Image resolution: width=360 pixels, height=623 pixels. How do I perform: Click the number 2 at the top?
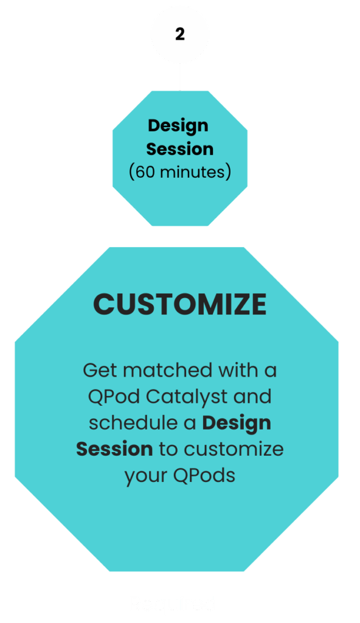[x=180, y=34]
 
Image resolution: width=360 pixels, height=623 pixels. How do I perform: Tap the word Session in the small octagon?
[x=180, y=149]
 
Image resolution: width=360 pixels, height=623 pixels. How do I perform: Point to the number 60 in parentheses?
[x=145, y=172]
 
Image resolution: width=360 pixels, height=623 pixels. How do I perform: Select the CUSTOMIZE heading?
[x=179, y=304]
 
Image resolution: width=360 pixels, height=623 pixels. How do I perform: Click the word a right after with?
[x=270, y=371]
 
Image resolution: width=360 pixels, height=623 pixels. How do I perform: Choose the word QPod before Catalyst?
[x=114, y=397]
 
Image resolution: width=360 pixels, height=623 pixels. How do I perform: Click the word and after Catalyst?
[x=252, y=397]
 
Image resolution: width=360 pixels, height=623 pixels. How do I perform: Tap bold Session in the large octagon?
[x=114, y=450]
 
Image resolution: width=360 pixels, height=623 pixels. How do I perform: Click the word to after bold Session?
[x=168, y=450]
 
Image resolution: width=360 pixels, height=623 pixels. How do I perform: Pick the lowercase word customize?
[x=234, y=450]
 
